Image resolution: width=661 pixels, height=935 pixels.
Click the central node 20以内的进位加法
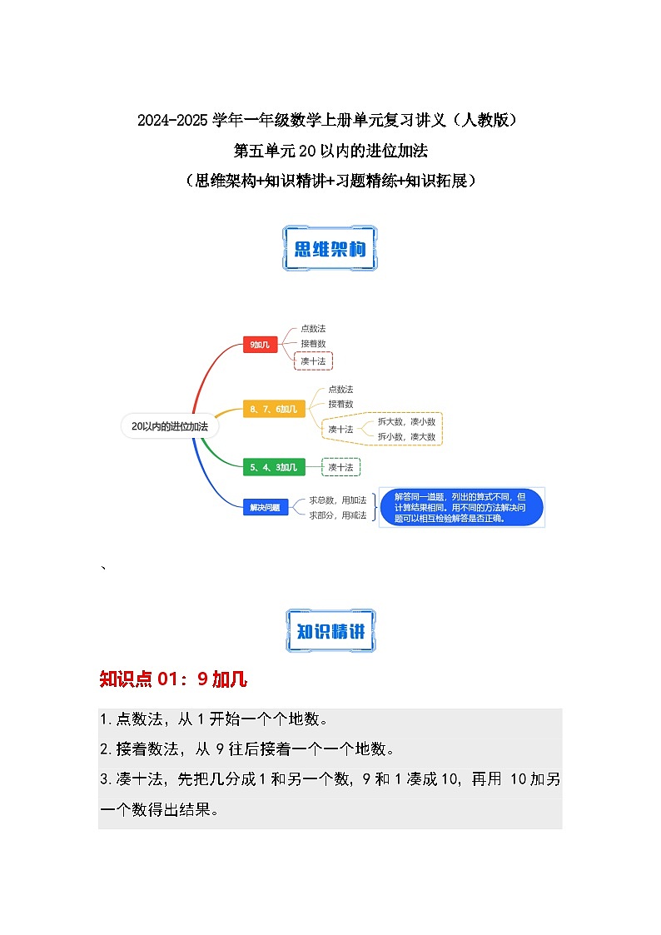pos(170,425)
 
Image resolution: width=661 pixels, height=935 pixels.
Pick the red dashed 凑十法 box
pos(314,361)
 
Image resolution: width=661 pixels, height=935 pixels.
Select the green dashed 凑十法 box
pos(340,467)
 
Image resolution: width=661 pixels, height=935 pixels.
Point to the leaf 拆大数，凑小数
pos(406,421)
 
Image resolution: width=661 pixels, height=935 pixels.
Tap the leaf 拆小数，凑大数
pos(406,436)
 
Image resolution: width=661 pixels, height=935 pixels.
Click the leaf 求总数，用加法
pos(338,500)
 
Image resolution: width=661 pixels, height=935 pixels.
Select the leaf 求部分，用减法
pos(338,515)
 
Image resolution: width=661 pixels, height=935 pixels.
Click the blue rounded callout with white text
pos(461,507)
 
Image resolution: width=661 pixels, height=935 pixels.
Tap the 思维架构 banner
pos(330,249)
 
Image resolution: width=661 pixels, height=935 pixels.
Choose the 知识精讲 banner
pos(330,631)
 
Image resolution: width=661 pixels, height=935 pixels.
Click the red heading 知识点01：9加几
pos(173,679)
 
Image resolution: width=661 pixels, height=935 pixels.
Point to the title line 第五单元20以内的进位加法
pos(330,151)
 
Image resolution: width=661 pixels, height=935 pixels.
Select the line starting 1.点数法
pos(212,719)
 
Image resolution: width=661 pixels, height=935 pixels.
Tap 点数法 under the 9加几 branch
pos(313,329)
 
